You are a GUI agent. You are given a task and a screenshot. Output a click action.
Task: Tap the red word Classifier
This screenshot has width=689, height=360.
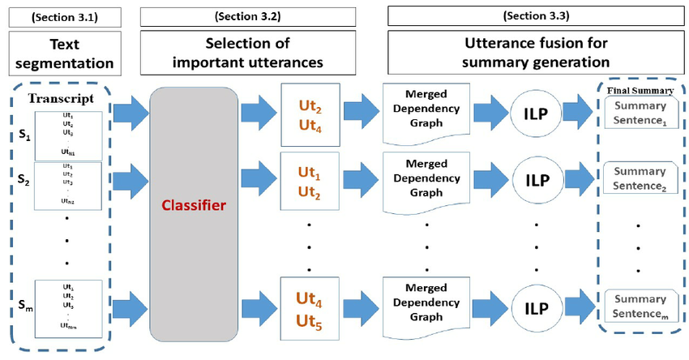coord(193,206)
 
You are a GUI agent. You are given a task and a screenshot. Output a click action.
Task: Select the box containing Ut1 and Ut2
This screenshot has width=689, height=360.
coord(307,183)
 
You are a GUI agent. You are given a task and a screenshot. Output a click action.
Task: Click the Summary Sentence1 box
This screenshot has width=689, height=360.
coord(639,113)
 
